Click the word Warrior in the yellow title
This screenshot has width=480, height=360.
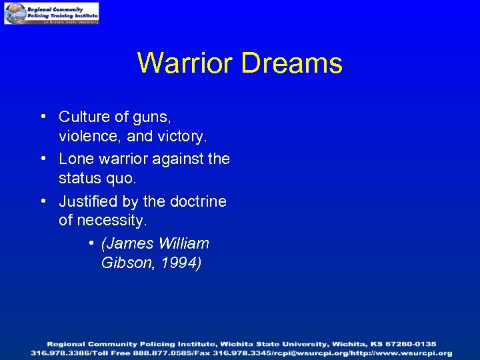(186, 63)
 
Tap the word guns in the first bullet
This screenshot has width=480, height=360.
(152, 117)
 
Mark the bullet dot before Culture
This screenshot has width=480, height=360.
(42, 117)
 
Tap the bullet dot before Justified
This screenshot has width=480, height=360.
(42, 201)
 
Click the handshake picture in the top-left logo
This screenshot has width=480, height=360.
(15, 13)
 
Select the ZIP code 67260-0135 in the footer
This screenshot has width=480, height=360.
(413, 344)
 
